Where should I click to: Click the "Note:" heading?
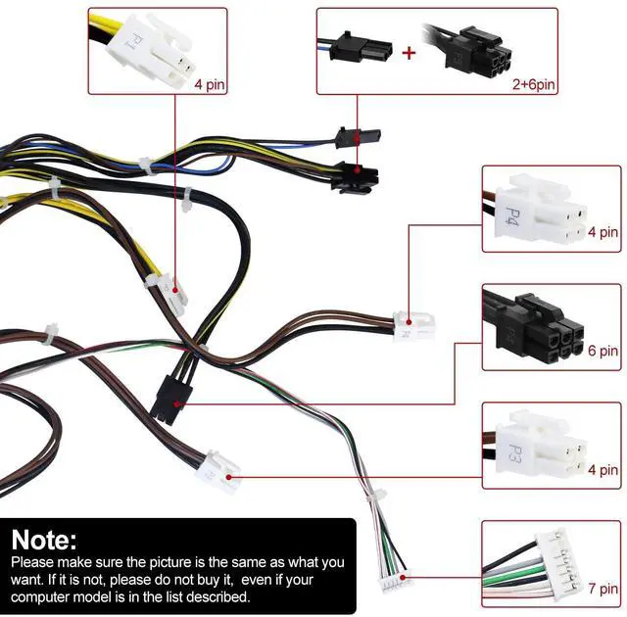pyautogui.click(x=43, y=540)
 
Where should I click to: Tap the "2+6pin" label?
pyautogui.click(x=533, y=84)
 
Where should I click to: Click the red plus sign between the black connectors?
pyautogui.click(x=409, y=53)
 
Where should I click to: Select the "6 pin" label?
pyautogui.click(x=603, y=351)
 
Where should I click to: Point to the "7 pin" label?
pyautogui.click(x=603, y=589)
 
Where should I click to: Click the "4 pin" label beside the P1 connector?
pyautogui.click(x=210, y=84)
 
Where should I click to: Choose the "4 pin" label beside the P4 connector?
pyautogui.click(x=603, y=232)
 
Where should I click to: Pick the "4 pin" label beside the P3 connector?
pyautogui.click(x=603, y=469)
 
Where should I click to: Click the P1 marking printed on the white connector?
pyautogui.click(x=136, y=41)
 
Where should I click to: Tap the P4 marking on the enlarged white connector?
pyautogui.click(x=512, y=216)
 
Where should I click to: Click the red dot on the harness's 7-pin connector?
pyautogui.click(x=403, y=577)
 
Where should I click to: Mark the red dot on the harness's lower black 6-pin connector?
pyautogui.click(x=177, y=404)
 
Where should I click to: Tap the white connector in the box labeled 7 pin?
pyautogui.click(x=556, y=563)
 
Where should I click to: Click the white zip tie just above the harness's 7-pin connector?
pyautogui.click(x=376, y=497)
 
